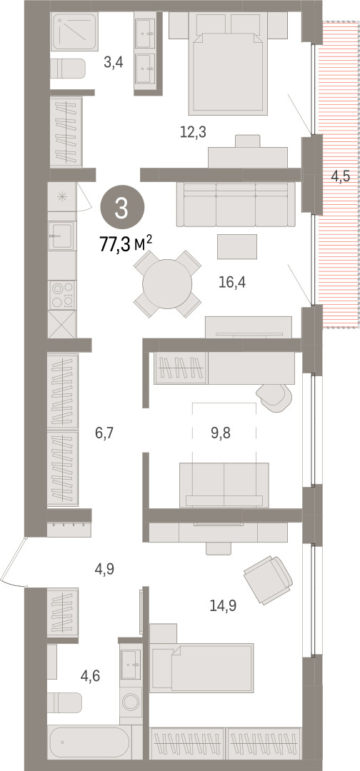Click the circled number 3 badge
pos(123,209)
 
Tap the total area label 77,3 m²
pos(126,243)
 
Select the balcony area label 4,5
pos(340,176)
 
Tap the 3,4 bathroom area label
pos(113,62)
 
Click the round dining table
pos(167,283)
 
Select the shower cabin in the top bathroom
pos(75,32)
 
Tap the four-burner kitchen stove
pos(62,294)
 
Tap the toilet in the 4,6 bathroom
pos(66,702)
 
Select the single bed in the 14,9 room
pos(202,667)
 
